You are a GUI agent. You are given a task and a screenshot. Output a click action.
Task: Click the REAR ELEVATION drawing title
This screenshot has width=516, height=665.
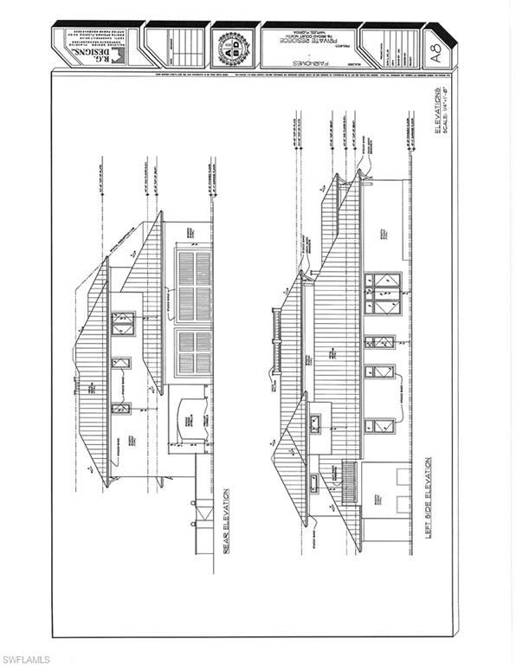[228, 537]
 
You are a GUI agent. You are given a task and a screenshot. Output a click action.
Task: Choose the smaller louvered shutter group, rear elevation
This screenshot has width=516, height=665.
[192, 352]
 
